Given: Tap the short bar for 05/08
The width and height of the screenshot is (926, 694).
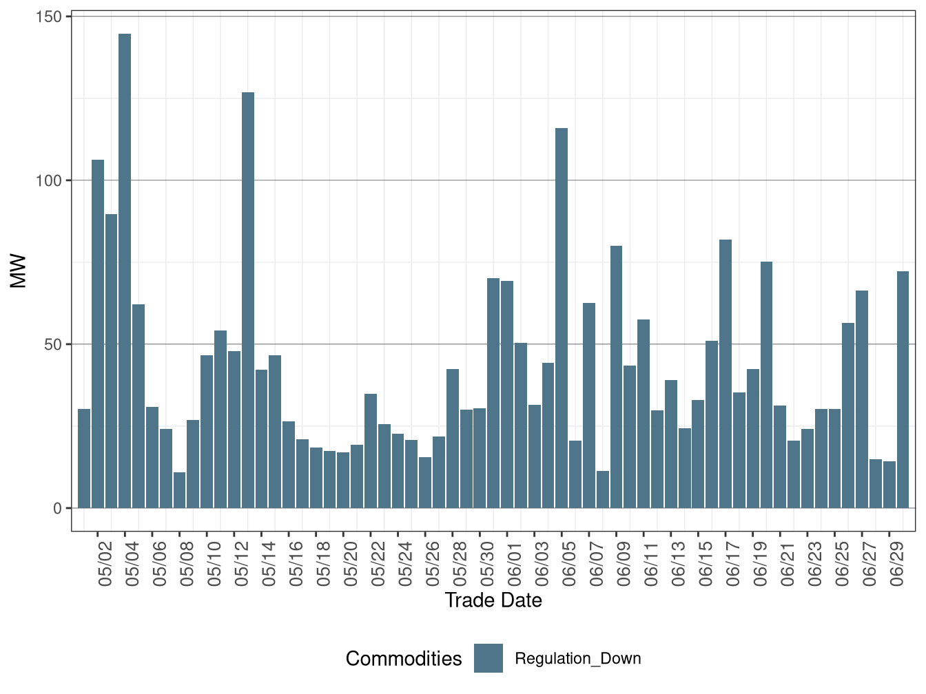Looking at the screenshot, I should [x=179, y=490].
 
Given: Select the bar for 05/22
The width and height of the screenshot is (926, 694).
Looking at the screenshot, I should [x=371, y=451].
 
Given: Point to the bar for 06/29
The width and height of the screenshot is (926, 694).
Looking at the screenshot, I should [x=889, y=485].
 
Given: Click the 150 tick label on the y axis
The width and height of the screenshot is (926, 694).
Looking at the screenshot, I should [x=48, y=17].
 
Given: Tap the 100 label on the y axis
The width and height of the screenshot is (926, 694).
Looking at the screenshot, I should [x=48, y=180].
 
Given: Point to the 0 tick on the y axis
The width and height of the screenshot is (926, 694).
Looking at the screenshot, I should [x=57, y=508].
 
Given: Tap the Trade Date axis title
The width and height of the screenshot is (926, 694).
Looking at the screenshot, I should [x=493, y=600].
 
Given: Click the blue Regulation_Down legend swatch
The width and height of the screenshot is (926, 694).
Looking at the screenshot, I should [x=488, y=658].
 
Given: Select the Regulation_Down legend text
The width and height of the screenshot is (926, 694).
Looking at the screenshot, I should [x=578, y=659].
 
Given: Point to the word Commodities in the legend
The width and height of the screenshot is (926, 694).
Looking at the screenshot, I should [x=404, y=659].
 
